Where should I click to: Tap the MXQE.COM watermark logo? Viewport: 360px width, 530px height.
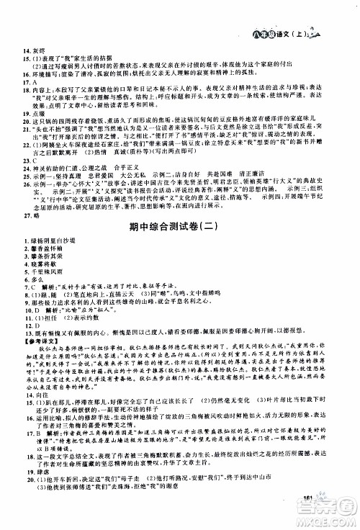327,516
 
